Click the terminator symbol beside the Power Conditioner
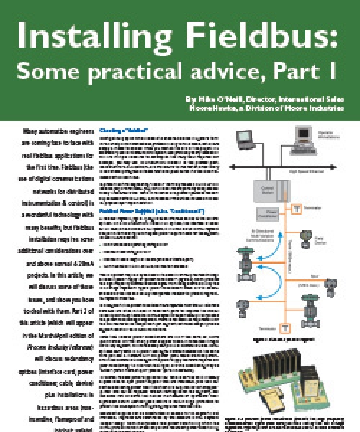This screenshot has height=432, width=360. [x=296, y=208]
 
